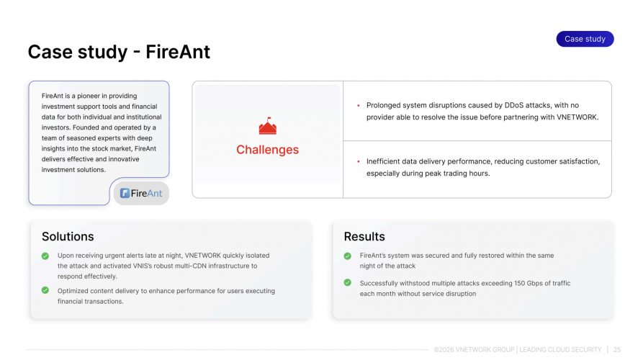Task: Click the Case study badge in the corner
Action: point(585,39)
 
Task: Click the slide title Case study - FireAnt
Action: point(119,52)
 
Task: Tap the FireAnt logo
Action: point(141,193)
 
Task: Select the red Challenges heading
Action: point(267,150)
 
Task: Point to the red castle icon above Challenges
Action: point(267,127)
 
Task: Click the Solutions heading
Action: point(68,236)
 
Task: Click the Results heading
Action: point(364,236)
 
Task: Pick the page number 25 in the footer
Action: point(617,350)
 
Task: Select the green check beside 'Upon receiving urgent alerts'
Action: point(45,256)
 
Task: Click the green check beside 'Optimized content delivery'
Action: point(45,291)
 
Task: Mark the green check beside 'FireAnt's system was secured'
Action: point(348,256)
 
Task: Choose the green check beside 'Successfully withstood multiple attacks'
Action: point(348,283)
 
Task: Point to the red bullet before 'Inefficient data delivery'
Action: point(359,161)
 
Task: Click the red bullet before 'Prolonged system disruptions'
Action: point(359,105)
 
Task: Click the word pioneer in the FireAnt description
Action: point(83,96)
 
